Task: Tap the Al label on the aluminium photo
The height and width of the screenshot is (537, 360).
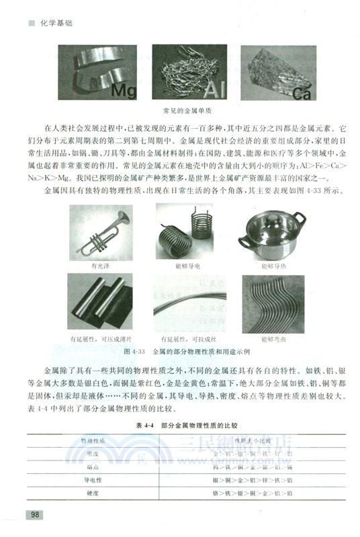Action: point(208,89)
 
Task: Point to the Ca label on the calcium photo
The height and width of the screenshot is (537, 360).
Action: point(301,93)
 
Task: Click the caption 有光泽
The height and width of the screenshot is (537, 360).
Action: point(99,265)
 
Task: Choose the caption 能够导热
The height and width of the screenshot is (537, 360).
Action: point(273,265)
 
